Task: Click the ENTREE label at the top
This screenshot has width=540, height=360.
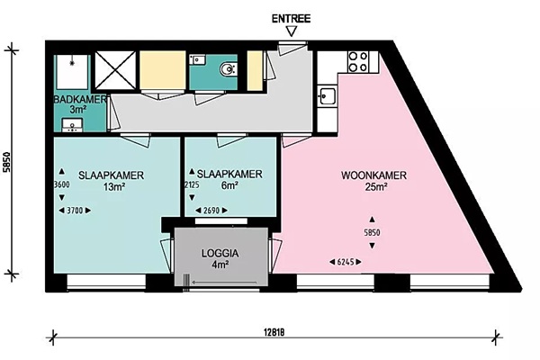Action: [x=291, y=19]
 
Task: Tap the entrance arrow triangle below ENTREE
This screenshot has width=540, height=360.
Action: [x=292, y=31]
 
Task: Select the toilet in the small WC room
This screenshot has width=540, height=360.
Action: [x=229, y=69]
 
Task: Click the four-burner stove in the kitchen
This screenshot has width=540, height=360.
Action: [x=358, y=62]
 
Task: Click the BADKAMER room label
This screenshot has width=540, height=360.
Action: [x=80, y=100]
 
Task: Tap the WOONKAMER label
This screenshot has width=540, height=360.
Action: [x=373, y=175]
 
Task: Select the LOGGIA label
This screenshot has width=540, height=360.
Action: [x=220, y=254]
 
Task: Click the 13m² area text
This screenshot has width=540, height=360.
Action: [x=113, y=187]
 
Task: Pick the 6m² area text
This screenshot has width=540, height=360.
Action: [x=229, y=185]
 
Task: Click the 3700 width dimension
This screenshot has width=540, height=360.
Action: [x=75, y=211]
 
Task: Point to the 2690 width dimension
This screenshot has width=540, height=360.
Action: [x=211, y=211]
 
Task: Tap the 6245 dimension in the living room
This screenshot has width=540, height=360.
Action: [x=346, y=262]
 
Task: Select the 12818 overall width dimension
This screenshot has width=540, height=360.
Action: [x=274, y=333]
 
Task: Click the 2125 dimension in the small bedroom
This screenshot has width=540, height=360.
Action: [x=192, y=185]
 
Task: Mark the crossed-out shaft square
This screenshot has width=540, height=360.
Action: [x=115, y=70]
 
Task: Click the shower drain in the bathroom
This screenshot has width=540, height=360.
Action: [x=72, y=63]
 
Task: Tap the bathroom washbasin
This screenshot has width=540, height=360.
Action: [x=72, y=125]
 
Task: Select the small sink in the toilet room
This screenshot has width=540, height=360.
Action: [x=197, y=59]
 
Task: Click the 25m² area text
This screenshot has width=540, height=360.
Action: [x=373, y=187]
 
